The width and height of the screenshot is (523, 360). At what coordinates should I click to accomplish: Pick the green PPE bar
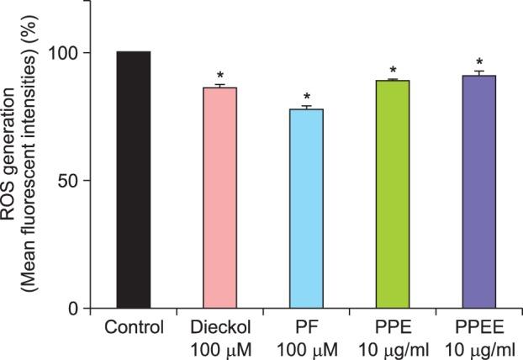[393, 193]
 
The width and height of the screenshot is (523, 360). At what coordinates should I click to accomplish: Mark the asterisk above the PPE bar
[393, 70]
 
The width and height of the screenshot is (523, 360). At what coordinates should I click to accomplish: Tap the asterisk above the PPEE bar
[479, 62]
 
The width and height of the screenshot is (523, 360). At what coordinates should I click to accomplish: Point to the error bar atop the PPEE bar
[479, 72]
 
